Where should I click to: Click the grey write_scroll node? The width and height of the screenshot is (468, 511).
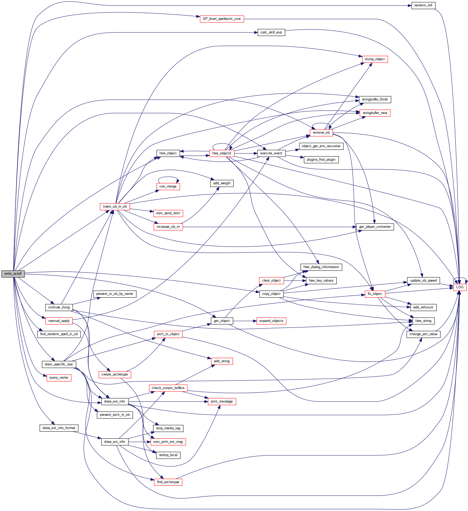click(13, 274)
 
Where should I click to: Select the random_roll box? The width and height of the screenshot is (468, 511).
click(423, 5)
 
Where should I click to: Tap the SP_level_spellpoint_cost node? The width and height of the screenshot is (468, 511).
click(222, 19)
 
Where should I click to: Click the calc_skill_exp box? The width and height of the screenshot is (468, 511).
click(271, 32)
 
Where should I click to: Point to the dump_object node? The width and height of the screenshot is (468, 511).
click(375, 59)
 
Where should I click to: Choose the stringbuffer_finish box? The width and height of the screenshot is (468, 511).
click(375, 99)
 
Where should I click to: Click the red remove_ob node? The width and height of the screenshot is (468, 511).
click(321, 133)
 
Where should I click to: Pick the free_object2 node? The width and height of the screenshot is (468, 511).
click(222, 153)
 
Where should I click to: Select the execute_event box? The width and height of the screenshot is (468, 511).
click(271, 153)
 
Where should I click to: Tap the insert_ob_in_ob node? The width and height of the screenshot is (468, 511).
click(115, 207)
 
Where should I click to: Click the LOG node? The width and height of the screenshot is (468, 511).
click(460, 287)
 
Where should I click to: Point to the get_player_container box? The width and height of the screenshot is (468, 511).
click(375, 227)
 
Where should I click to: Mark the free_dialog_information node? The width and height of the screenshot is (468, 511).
click(321, 267)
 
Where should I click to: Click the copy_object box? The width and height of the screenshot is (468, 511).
click(271, 294)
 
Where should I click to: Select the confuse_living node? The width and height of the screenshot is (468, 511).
click(59, 307)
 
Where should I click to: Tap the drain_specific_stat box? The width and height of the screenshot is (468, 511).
click(59, 364)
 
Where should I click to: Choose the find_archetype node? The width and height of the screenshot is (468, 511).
click(168, 482)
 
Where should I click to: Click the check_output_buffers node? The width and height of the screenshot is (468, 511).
click(168, 388)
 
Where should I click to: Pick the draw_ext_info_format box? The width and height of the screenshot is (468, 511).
click(59, 428)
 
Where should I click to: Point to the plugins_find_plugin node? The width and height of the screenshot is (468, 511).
click(321, 160)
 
